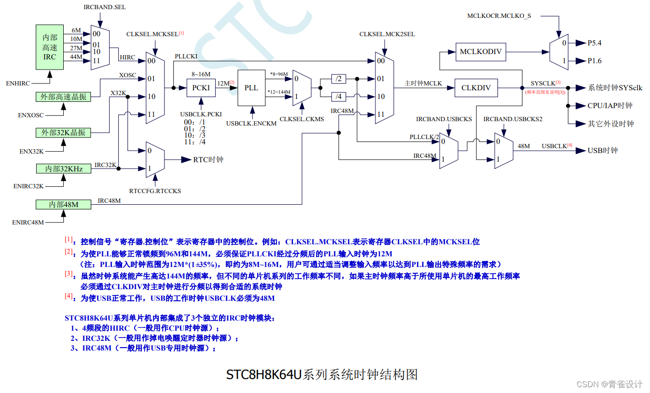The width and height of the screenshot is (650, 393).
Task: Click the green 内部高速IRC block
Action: click(x=50, y=47)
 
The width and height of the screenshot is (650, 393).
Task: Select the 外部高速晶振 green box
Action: click(x=63, y=96)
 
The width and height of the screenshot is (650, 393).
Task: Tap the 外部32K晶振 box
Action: click(x=63, y=132)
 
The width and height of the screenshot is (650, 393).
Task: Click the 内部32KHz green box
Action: click(x=64, y=168)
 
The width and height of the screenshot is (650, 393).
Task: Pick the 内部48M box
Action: click(x=64, y=204)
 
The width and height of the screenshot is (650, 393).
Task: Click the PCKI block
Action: click(x=201, y=88)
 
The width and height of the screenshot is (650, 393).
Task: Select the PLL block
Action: click(x=251, y=88)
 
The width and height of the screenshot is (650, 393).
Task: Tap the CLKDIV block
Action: click(x=476, y=88)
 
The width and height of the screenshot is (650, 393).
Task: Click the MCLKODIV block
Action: click(x=481, y=52)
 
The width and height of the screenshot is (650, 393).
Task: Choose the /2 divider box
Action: click(x=339, y=79)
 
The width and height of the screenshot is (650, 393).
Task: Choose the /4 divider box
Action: click(x=339, y=97)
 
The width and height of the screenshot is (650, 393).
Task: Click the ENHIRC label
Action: click(x=18, y=84)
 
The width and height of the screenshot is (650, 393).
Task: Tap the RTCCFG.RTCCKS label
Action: click(x=155, y=191)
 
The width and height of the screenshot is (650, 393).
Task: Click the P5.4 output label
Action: click(x=594, y=43)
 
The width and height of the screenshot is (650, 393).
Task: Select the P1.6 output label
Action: click(x=594, y=61)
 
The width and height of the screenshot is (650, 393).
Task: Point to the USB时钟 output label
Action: click(x=602, y=150)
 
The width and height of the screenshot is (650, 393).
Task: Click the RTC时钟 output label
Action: click(x=208, y=159)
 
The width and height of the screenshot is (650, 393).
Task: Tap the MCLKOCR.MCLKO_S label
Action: click(x=498, y=16)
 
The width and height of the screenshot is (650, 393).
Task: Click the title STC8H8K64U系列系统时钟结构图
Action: click(x=322, y=374)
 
